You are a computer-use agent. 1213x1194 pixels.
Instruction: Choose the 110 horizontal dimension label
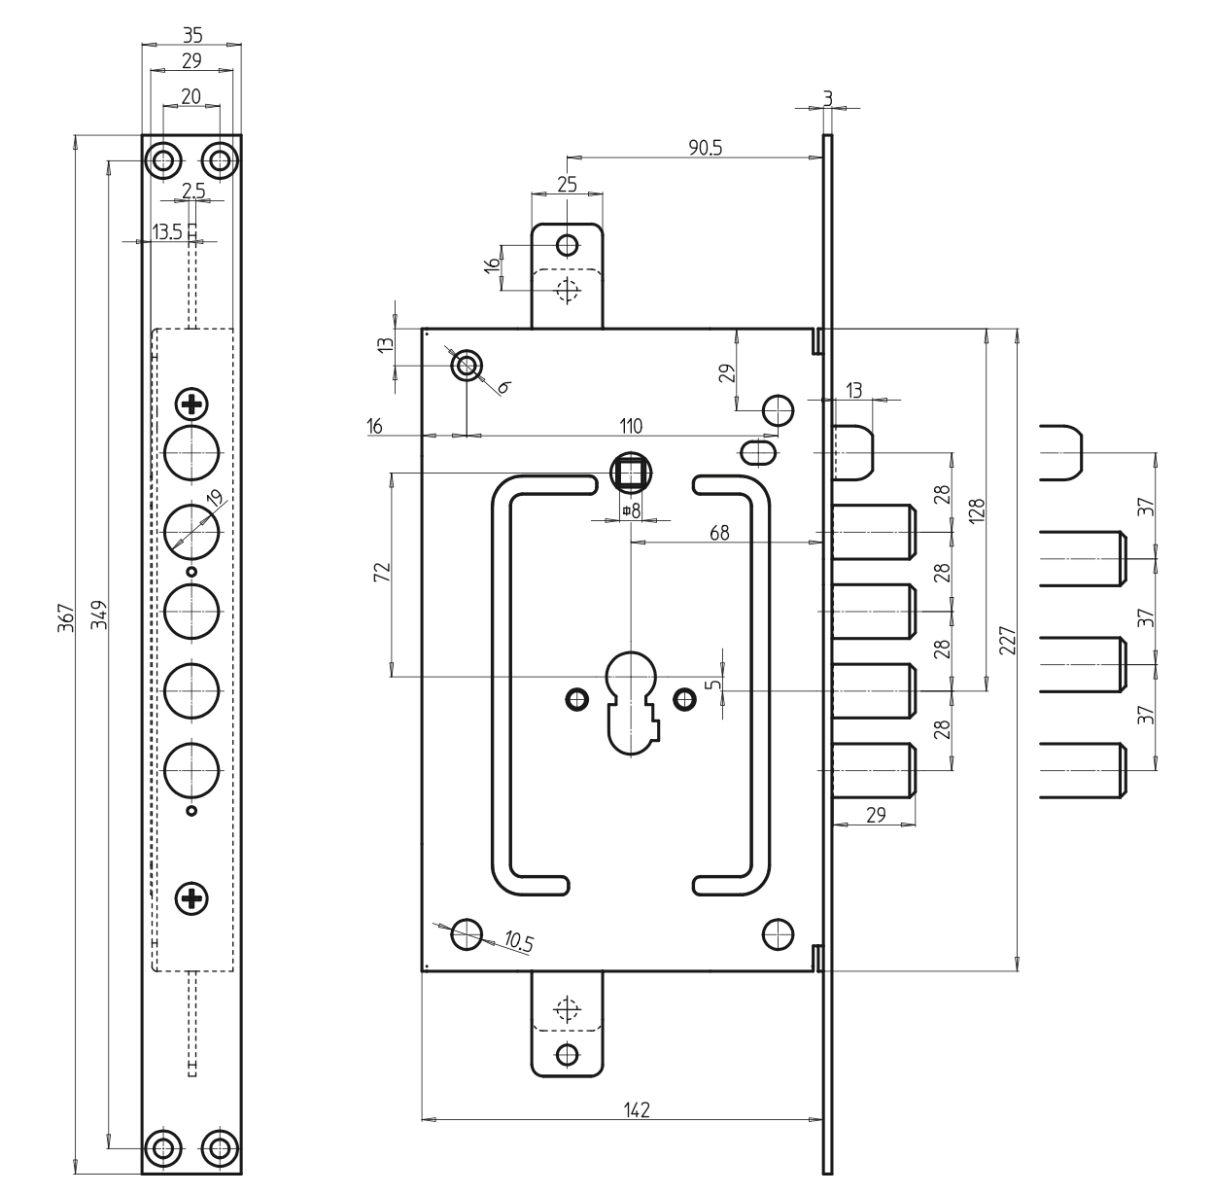pyautogui.click(x=631, y=426)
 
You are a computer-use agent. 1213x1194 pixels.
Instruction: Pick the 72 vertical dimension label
pyautogui.click(x=382, y=572)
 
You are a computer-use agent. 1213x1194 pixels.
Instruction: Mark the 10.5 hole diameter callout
pyautogui.click(x=519, y=940)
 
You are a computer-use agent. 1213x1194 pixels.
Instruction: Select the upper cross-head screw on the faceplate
pyautogui.click(x=191, y=403)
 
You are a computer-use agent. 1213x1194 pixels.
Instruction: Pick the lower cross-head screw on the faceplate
pyautogui.click(x=191, y=899)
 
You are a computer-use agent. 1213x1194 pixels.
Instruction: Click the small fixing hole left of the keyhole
pyautogui.click(x=577, y=697)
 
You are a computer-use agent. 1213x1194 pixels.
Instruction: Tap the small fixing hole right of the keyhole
pyautogui.click(x=684, y=697)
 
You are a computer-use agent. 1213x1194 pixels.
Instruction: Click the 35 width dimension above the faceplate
pyautogui.click(x=191, y=35)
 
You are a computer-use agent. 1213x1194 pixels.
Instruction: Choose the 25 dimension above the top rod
pyautogui.click(x=568, y=184)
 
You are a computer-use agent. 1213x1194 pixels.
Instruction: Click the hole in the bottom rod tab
pyautogui.click(x=568, y=1052)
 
